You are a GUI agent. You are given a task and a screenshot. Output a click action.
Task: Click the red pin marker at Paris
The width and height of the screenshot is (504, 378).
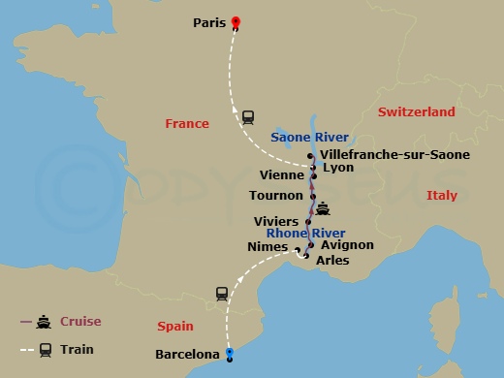[236, 23]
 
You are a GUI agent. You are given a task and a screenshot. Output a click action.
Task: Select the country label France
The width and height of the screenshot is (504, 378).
[187, 124]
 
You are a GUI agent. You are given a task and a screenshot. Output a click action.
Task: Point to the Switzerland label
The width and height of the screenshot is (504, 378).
[416, 112]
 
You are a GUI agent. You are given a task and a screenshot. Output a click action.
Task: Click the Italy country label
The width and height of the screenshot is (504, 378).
[441, 196]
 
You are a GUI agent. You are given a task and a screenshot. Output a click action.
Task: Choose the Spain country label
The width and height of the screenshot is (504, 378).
[175, 327]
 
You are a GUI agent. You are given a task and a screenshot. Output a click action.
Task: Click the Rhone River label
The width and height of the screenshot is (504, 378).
[306, 233]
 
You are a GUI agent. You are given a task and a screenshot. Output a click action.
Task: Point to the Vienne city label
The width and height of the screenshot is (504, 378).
[283, 175]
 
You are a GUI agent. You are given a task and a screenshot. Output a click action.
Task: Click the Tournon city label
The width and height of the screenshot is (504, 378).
[276, 195]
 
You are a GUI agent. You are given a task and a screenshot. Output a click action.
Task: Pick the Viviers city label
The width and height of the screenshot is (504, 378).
[276, 222]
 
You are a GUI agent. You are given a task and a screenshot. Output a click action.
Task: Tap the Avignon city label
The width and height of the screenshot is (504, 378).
[346, 245]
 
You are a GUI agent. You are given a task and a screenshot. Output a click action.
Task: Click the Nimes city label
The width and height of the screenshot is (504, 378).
[268, 247]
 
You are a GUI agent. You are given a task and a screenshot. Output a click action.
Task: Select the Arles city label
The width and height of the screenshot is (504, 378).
[332, 260]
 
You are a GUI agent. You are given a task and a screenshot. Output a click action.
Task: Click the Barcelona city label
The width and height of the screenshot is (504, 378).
[187, 355]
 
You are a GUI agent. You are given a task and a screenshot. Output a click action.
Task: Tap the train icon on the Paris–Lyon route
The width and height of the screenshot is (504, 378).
[248, 116]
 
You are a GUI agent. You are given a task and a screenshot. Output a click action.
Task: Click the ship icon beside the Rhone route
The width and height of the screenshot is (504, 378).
[322, 208]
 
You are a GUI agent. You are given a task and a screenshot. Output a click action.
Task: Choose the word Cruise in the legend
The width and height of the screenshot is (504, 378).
[80, 322]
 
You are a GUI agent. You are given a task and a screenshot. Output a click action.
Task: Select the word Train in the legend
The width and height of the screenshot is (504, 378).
[78, 349]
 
